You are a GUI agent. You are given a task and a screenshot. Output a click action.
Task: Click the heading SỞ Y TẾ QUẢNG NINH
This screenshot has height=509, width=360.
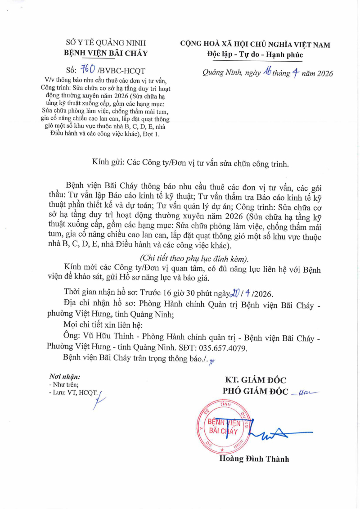[106, 43]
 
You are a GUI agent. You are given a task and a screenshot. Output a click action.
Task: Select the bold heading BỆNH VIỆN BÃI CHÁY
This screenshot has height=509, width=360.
[106, 54]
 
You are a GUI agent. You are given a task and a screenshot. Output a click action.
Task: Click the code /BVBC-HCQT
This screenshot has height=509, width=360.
[121, 71]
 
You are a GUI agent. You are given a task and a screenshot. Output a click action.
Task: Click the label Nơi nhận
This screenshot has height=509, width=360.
[64, 376]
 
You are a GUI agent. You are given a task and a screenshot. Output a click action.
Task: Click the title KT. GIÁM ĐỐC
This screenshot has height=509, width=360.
[256, 380]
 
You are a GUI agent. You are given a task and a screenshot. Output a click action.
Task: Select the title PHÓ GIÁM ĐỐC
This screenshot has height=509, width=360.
[255, 391]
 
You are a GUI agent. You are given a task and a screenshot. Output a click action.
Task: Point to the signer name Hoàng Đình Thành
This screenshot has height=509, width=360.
[254, 459]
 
